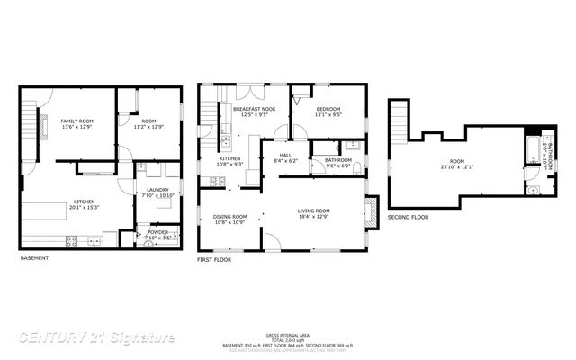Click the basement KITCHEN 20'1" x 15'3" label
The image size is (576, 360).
(x=85, y=203)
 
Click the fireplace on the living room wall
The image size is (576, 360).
(x=369, y=211)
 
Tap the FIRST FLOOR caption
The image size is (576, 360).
(x=214, y=259)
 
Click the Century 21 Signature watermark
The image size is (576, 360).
(x=97, y=338)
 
